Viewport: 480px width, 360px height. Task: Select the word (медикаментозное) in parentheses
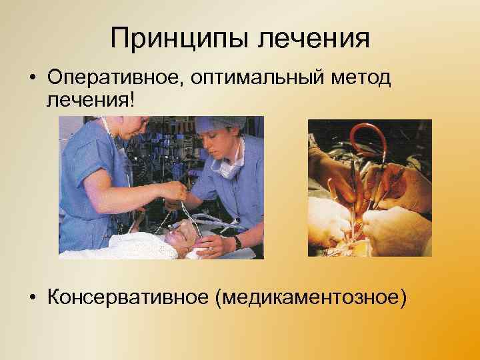pos(309,294)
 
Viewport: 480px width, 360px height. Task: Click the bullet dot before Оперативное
pos(32,79)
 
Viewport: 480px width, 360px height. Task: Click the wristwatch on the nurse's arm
pos(237,243)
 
